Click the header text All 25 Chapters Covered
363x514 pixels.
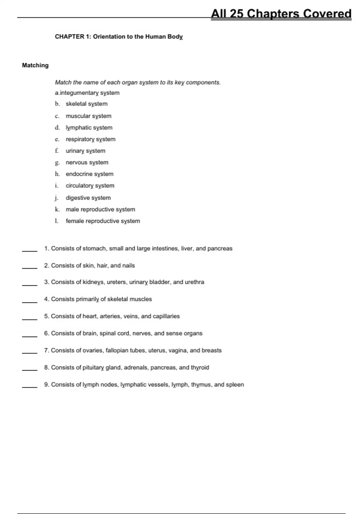(x=281, y=14)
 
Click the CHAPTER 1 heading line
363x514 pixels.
(x=119, y=37)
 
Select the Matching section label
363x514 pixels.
(x=35, y=65)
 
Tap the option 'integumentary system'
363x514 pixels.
(x=90, y=93)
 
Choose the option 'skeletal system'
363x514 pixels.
(x=87, y=104)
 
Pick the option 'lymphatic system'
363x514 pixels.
(x=89, y=128)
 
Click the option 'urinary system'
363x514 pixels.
(x=85, y=151)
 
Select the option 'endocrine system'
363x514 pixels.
(x=90, y=174)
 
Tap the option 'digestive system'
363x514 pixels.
(x=88, y=198)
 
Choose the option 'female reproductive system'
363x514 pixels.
(x=103, y=221)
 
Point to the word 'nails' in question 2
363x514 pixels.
(x=129, y=265)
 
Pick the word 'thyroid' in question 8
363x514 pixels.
(x=200, y=368)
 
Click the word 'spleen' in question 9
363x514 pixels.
(x=235, y=385)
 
